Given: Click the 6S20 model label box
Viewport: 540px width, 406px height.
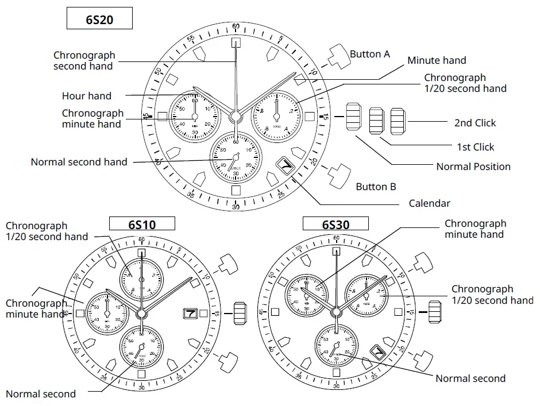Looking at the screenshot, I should (x=99, y=19).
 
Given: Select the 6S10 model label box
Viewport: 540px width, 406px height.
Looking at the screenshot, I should (x=141, y=224).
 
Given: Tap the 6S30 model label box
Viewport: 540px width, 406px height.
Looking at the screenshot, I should (x=335, y=224).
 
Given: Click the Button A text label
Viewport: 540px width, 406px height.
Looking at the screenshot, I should (x=370, y=54).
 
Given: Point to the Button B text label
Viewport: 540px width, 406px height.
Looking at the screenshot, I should (x=376, y=187).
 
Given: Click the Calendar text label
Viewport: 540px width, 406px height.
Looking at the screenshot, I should (x=429, y=203).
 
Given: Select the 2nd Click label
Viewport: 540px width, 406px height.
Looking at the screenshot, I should (x=475, y=123).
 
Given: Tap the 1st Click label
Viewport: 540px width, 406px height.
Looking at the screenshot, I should (x=475, y=147).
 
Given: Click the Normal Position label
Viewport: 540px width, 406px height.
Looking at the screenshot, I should (x=473, y=167).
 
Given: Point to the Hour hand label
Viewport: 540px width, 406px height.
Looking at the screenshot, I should (x=87, y=96).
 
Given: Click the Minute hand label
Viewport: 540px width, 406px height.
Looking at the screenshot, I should (x=437, y=60).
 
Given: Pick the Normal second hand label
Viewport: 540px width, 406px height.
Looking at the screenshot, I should (x=79, y=162).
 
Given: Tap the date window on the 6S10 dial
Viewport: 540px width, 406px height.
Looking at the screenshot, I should (x=190, y=314).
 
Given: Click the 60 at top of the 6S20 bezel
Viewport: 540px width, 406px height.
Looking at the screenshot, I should (x=236, y=27).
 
